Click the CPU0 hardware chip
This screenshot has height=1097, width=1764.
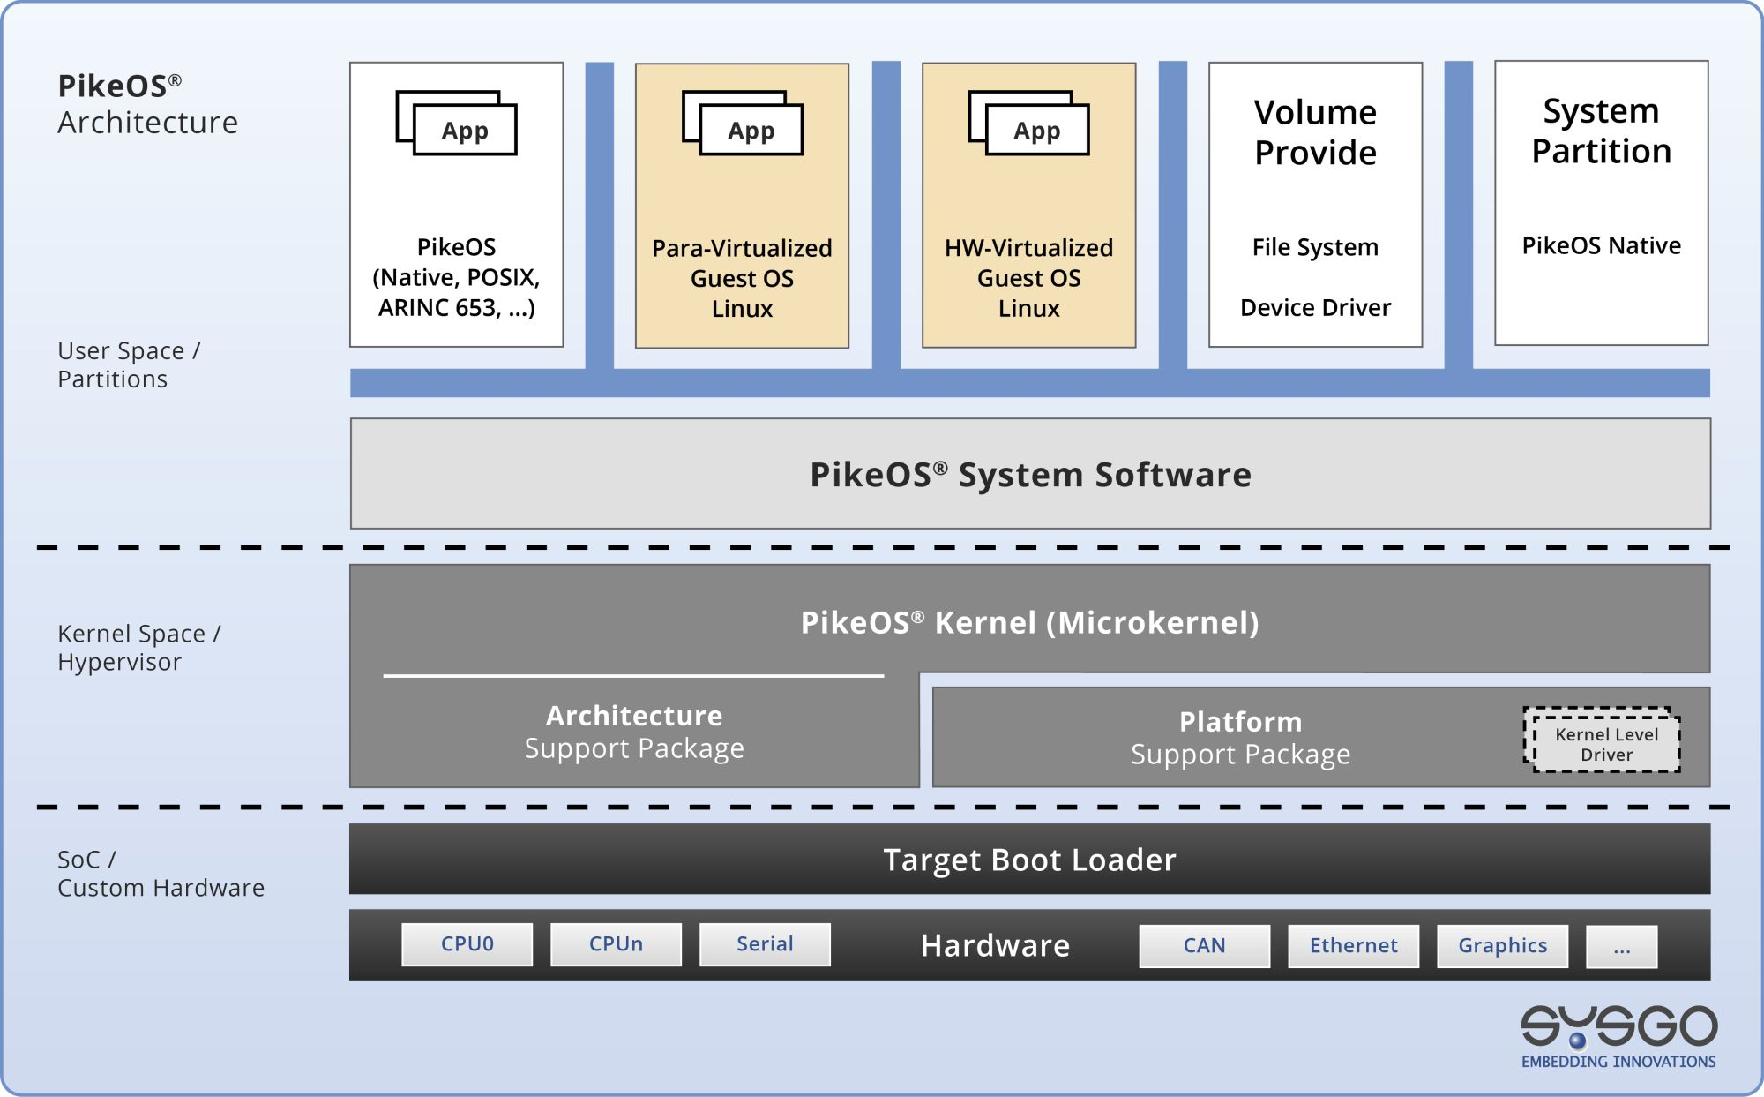[467, 944]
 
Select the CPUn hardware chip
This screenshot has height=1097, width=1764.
[616, 944]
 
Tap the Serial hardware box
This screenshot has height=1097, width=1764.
[765, 944]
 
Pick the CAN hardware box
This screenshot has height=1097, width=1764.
[1204, 946]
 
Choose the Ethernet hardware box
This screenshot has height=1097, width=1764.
[1353, 946]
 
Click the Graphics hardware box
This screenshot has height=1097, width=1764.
[1502, 946]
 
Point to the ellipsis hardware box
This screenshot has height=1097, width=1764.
[1621, 947]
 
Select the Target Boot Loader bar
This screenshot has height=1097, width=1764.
[1029, 860]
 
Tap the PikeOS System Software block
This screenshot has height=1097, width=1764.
[1030, 474]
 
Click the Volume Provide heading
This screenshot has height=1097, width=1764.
[1315, 132]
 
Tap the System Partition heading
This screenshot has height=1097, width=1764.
[1601, 131]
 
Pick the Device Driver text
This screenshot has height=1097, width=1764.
[1315, 307]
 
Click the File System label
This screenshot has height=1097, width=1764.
[1315, 247]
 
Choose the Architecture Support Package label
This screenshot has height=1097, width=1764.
[634, 732]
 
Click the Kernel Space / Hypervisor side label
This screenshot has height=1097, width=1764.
[138, 648]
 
